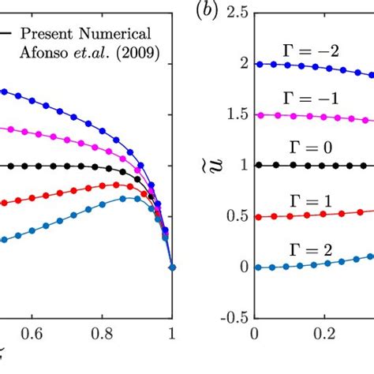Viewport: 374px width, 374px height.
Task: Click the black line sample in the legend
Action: tap(6, 33)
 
